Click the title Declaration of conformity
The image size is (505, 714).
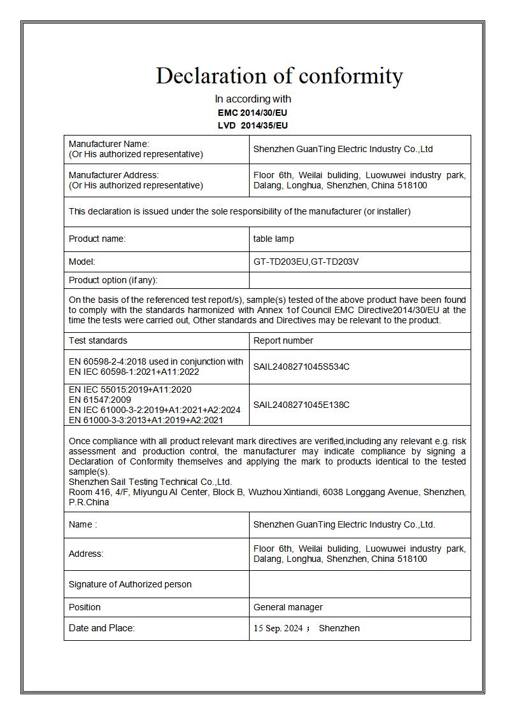(279, 76)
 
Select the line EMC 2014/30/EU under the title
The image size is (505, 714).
(252, 113)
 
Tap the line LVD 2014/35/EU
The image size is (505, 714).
(252, 125)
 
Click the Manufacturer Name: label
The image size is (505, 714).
(109, 144)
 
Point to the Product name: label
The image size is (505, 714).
(97, 239)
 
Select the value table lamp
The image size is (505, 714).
(273, 239)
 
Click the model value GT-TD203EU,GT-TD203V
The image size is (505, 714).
(310, 262)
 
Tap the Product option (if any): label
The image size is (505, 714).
(113, 280)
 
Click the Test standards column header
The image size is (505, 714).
(97, 340)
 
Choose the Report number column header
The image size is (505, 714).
(283, 340)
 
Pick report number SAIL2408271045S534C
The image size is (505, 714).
(301, 367)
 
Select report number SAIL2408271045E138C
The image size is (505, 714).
(301, 405)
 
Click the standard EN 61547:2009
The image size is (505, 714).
(100, 400)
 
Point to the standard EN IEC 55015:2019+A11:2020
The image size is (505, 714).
(130, 389)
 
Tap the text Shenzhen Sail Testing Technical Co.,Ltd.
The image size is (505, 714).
(150, 482)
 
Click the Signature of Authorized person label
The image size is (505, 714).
(130, 584)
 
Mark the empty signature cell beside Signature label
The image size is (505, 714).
(360, 584)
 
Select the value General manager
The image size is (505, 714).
(288, 607)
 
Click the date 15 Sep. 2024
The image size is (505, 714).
(278, 628)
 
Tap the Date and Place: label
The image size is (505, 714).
(101, 628)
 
